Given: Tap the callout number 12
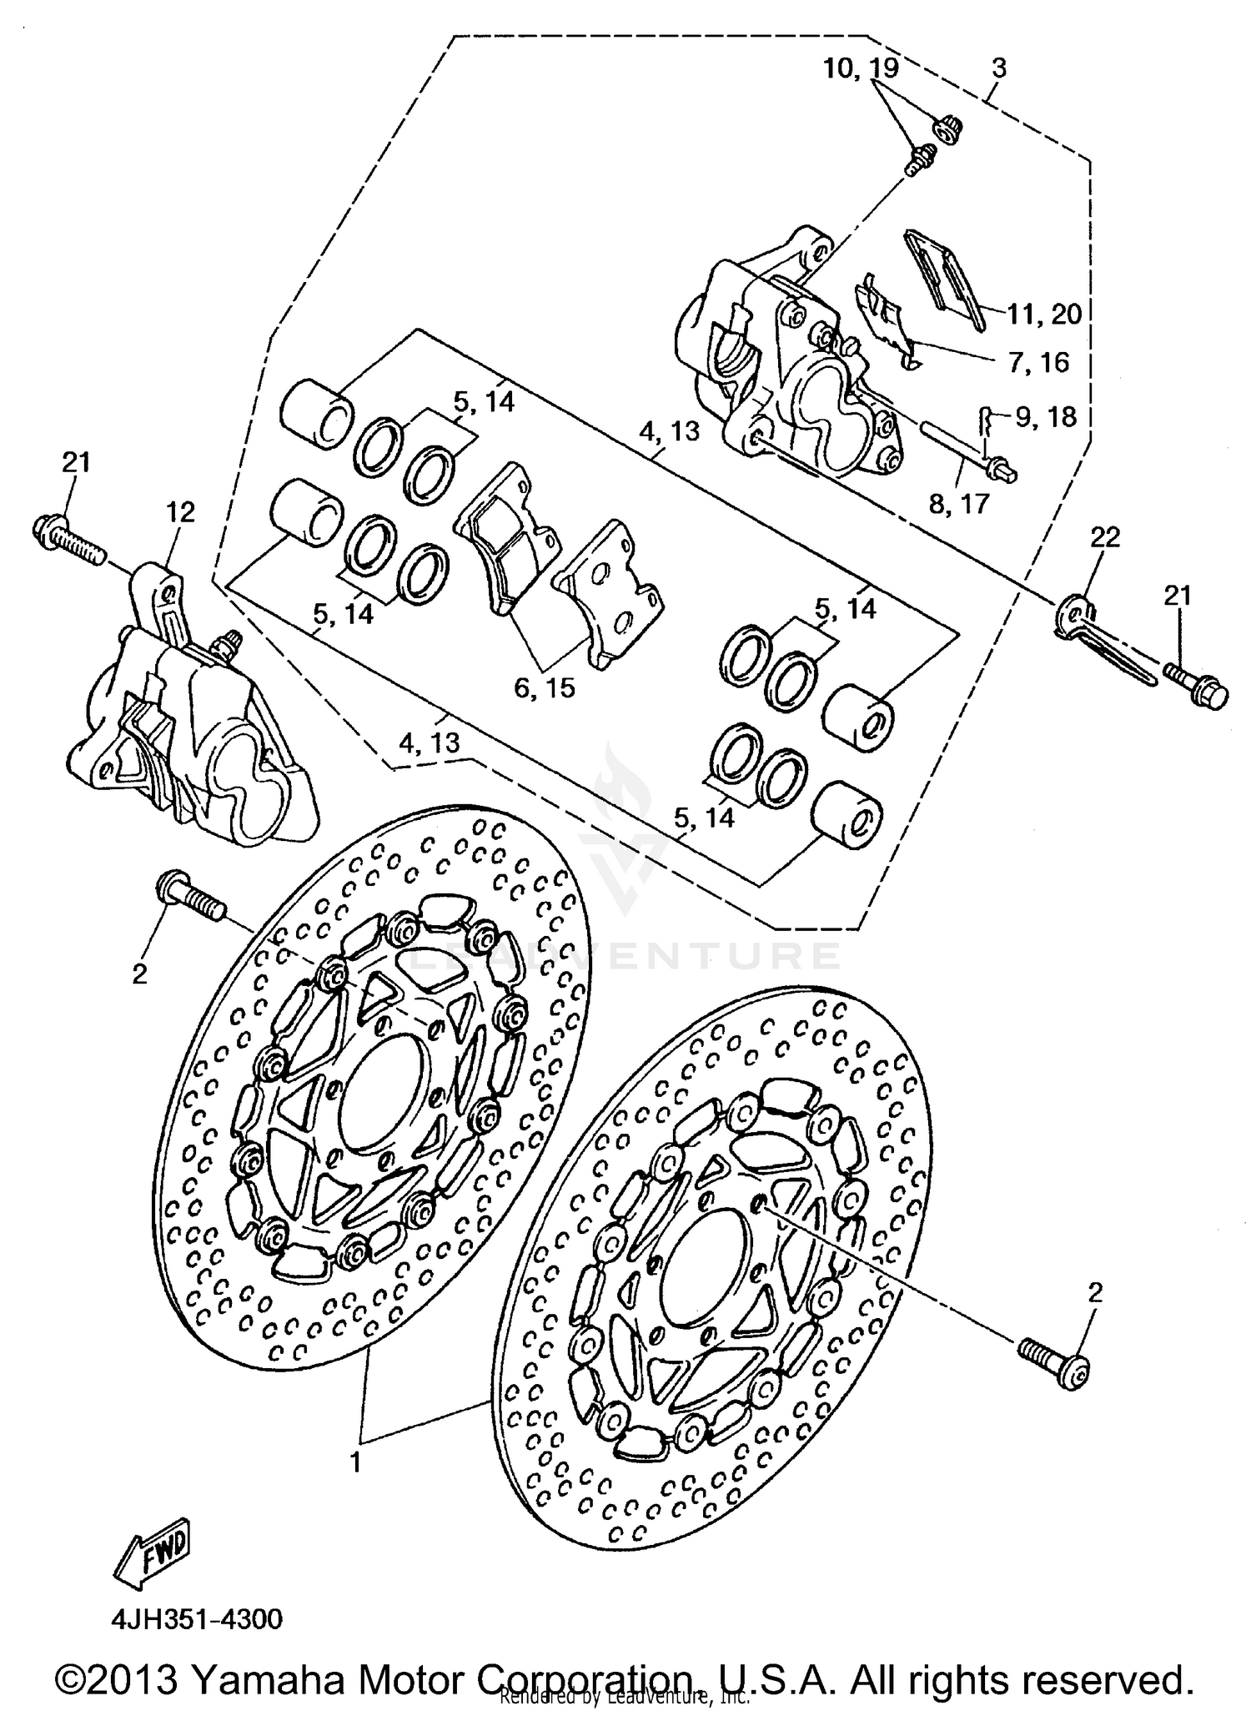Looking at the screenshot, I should point(180,511).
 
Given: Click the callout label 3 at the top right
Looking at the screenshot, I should point(999,68).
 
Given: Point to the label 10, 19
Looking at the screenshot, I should point(861,68).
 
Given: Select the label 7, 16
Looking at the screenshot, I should point(1037,362).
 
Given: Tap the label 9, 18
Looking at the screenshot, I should point(1046,416).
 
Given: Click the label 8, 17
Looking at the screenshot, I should point(959,503).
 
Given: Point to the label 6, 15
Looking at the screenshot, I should point(545,687).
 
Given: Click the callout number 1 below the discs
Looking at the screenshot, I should point(355,1462).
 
